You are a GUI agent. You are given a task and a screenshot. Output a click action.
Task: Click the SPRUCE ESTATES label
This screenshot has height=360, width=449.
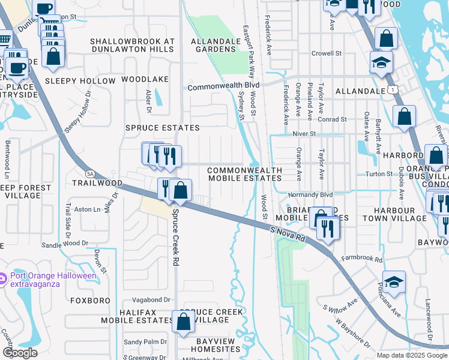pos(162,128)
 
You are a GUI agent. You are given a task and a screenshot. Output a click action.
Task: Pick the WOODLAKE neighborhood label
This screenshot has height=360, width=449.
pos(145,79)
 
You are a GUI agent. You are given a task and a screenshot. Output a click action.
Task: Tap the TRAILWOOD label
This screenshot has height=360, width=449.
pos(97,182)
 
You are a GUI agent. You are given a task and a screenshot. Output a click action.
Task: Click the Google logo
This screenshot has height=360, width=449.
pos(19,353)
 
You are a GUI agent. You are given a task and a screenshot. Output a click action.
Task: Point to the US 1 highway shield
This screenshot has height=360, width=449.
pos(391,89)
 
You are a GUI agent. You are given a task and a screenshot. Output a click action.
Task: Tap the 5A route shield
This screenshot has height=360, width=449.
pos(90,173)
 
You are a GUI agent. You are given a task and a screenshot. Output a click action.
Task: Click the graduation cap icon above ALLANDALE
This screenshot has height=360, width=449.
pos(381,63)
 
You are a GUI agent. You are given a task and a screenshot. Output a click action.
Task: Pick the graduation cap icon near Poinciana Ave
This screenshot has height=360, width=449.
pos(393,281)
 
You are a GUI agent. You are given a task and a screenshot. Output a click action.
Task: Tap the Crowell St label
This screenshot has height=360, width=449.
pos(327,53)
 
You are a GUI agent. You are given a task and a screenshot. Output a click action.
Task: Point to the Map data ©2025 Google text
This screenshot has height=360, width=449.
pos(411,355)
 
